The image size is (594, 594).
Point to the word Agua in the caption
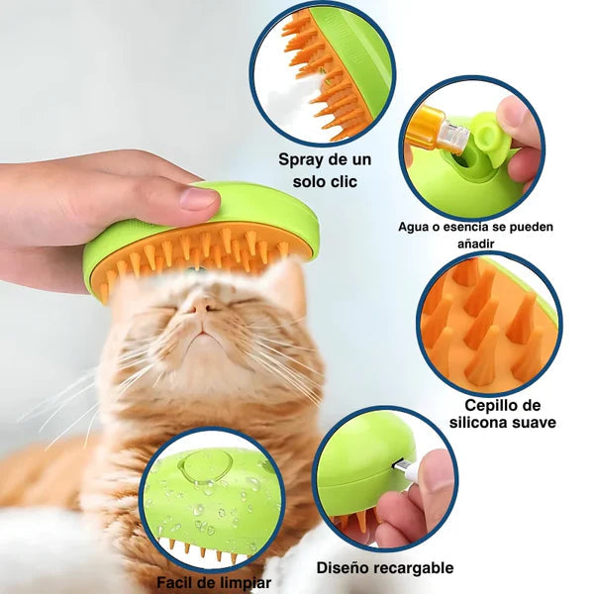[x=414, y=227]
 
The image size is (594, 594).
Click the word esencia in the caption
[x=467, y=227]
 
